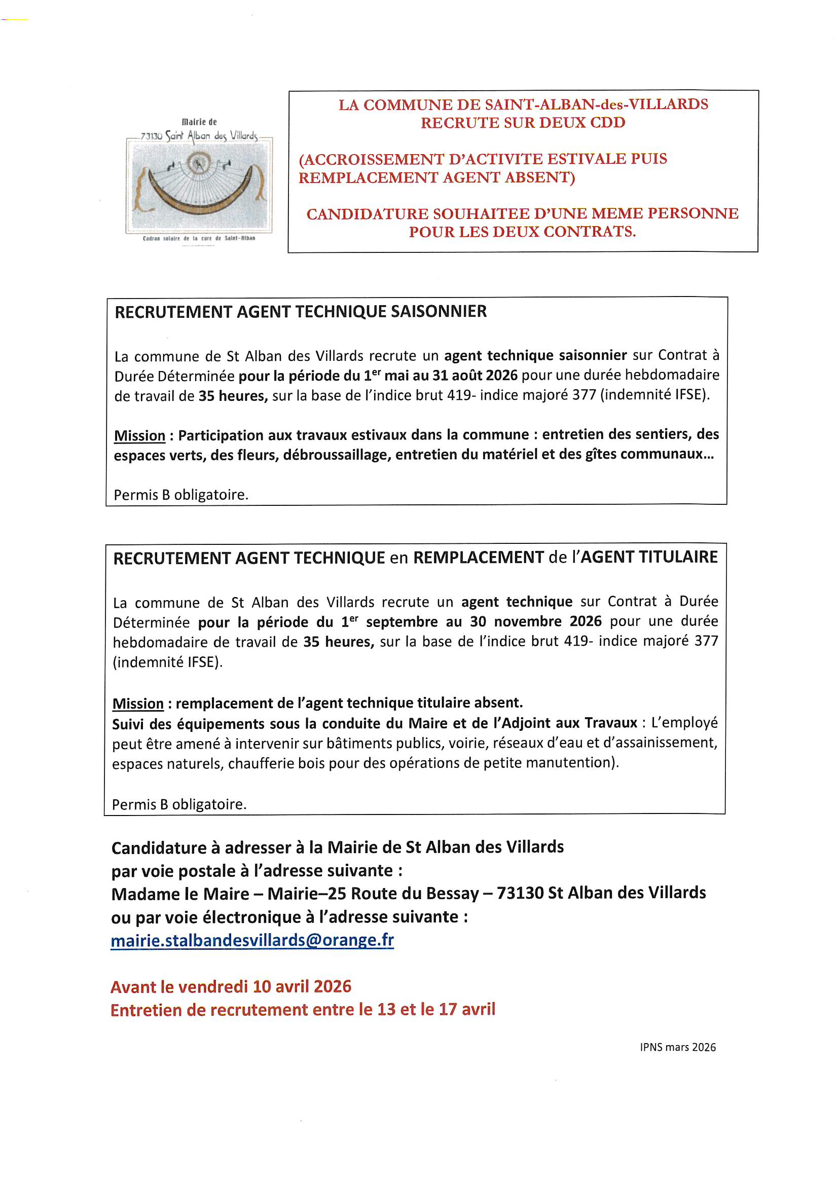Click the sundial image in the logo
(x=199, y=186)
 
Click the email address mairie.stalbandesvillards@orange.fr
(x=252, y=940)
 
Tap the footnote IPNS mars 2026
(x=677, y=1047)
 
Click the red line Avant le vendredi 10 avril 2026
(x=231, y=986)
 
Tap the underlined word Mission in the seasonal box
(x=139, y=435)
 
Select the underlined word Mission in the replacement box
(x=138, y=703)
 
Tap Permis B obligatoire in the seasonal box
(x=180, y=495)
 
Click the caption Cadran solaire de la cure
(x=199, y=238)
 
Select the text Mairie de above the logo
(x=199, y=122)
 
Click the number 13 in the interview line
(x=386, y=1010)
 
